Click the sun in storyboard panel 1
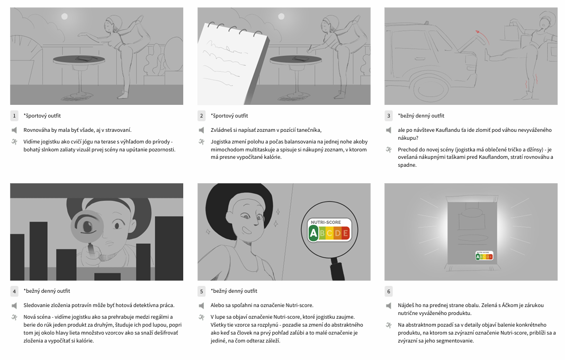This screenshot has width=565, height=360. (x=65, y=16)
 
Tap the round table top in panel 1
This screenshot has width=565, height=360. (x=79, y=60)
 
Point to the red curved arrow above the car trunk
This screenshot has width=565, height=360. (x=481, y=37)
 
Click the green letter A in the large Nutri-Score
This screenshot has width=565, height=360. (x=313, y=233)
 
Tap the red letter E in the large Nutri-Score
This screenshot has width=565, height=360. (x=346, y=233)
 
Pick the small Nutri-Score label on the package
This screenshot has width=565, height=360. (x=484, y=256)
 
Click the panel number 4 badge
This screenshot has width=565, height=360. (x=14, y=291)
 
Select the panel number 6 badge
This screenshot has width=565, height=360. (x=389, y=291)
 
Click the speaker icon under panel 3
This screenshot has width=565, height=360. (x=389, y=130)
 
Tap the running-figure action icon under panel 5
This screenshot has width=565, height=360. (x=201, y=317)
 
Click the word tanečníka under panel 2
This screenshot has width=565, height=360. (x=309, y=130)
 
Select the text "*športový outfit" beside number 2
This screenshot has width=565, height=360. (x=229, y=115)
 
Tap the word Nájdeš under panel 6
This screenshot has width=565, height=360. (x=406, y=305)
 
